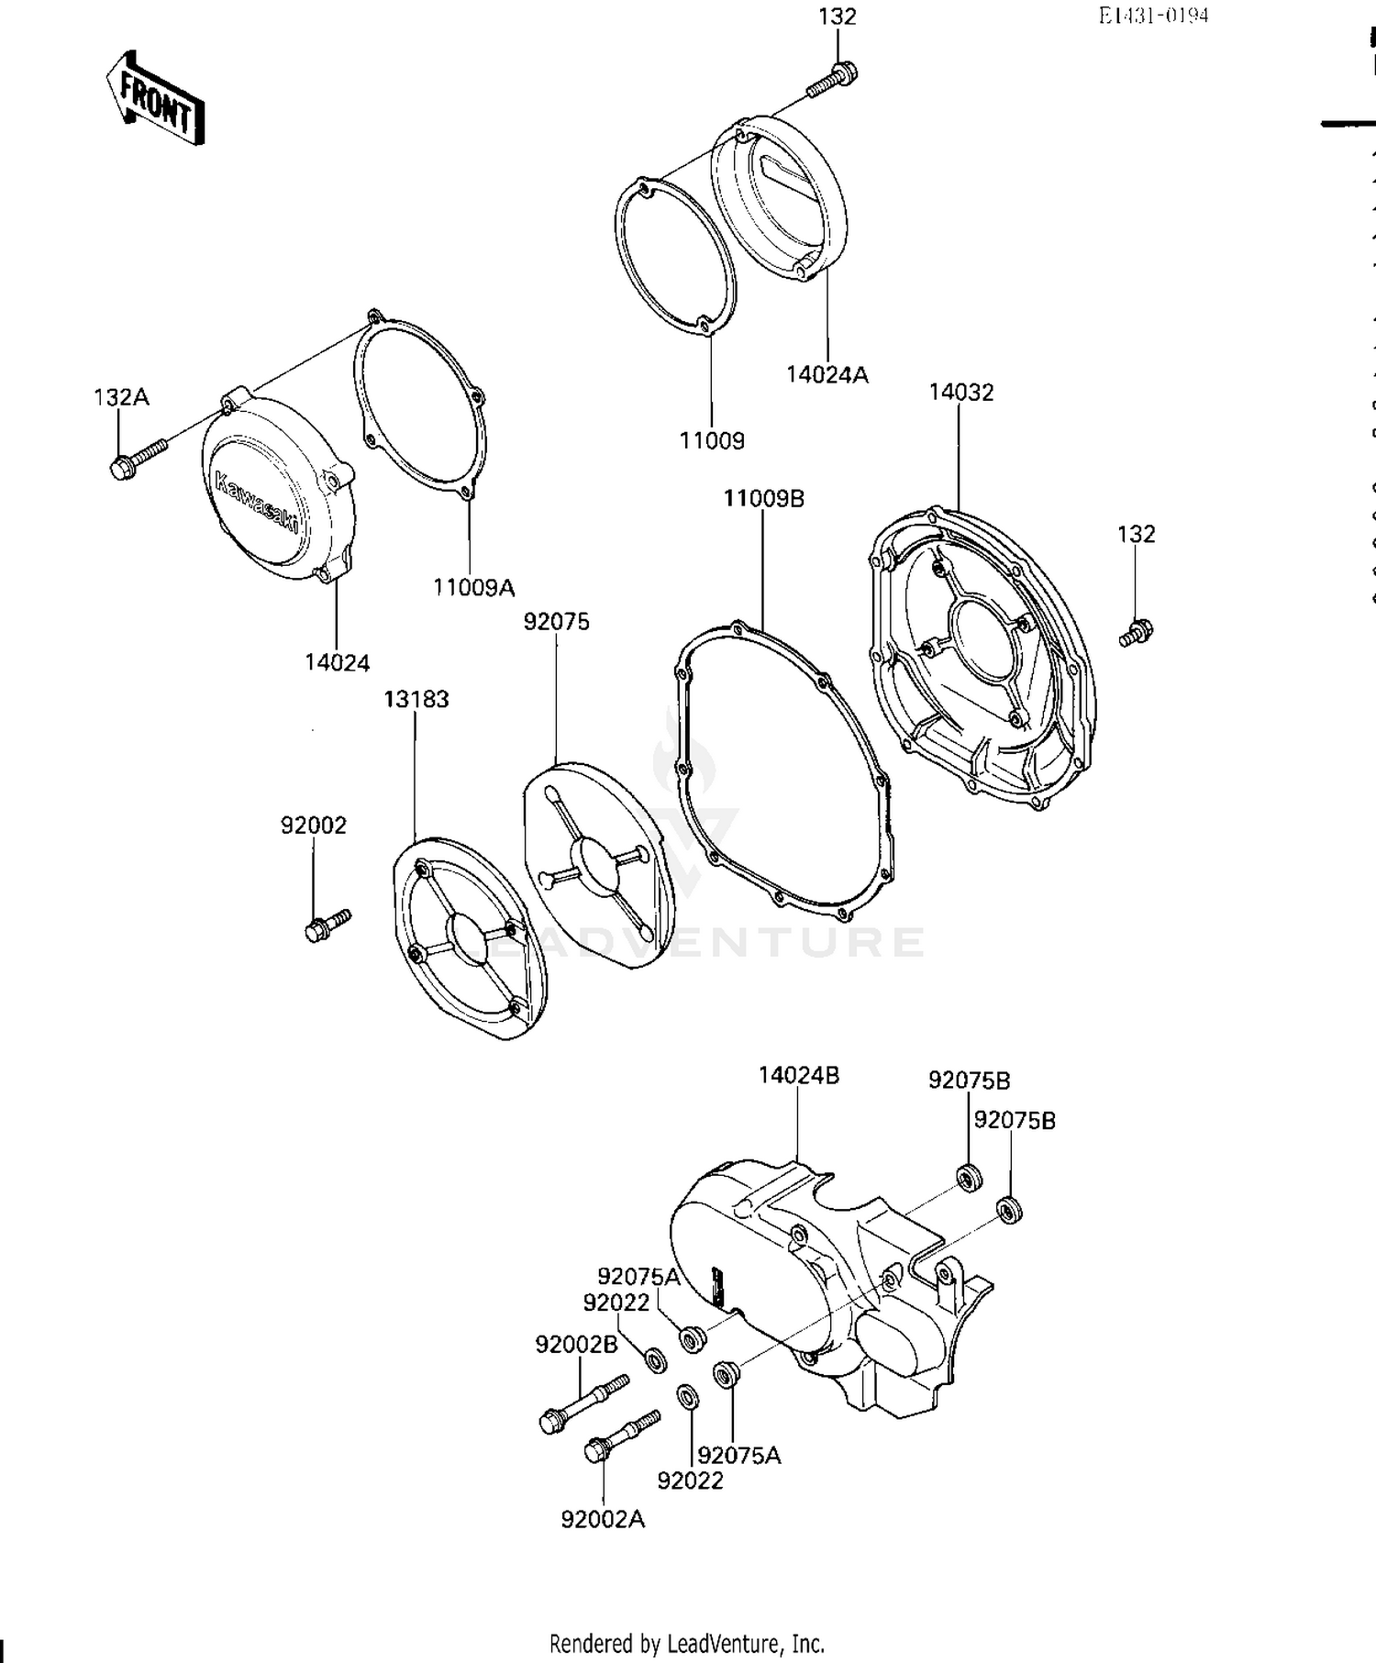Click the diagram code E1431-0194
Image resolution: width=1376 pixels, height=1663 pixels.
(x=1153, y=16)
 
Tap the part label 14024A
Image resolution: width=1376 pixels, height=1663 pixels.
(x=827, y=374)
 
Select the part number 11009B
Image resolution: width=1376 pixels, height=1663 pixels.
(x=763, y=499)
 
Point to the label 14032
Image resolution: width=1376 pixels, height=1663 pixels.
(x=960, y=393)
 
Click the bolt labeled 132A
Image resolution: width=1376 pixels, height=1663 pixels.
(x=138, y=458)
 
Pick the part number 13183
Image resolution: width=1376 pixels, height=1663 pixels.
(x=416, y=699)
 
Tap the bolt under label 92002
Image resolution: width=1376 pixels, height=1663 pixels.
(x=327, y=925)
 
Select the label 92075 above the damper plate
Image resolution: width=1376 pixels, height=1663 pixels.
(x=556, y=622)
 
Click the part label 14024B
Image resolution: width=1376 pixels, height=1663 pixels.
(x=798, y=1075)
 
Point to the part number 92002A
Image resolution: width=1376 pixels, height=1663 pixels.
(x=603, y=1520)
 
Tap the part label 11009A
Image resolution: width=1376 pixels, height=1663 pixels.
(x=473, y=587)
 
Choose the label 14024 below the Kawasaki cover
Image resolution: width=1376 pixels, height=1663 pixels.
(x=337, y=662)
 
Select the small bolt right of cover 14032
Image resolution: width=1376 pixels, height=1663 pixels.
(x=1136, y=633)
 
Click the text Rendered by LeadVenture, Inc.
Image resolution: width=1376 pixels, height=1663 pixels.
(x=686, y=1643)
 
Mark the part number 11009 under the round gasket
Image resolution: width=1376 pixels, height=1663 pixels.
(x=712, y=441)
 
